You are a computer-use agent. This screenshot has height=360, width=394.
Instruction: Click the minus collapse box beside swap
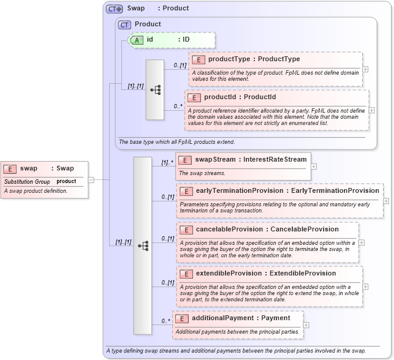click(91, 179)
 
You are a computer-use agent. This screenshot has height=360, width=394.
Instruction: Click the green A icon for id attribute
click(137, 40)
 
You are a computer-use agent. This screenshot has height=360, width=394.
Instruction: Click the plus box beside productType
click(366, 69)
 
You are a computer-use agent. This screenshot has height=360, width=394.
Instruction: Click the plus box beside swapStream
click(314, 166)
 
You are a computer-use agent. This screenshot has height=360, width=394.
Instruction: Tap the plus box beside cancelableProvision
click(362, 242)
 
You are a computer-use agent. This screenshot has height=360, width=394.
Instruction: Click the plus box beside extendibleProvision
click(366, 286)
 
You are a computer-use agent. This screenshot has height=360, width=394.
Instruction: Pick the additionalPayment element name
click(221, 318)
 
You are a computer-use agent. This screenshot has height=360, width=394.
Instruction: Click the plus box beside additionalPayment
click(306, 324)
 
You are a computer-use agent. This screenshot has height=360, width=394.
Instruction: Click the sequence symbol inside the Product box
click(155, 89)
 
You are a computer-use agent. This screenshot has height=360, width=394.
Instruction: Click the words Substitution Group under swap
click(27, 181)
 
